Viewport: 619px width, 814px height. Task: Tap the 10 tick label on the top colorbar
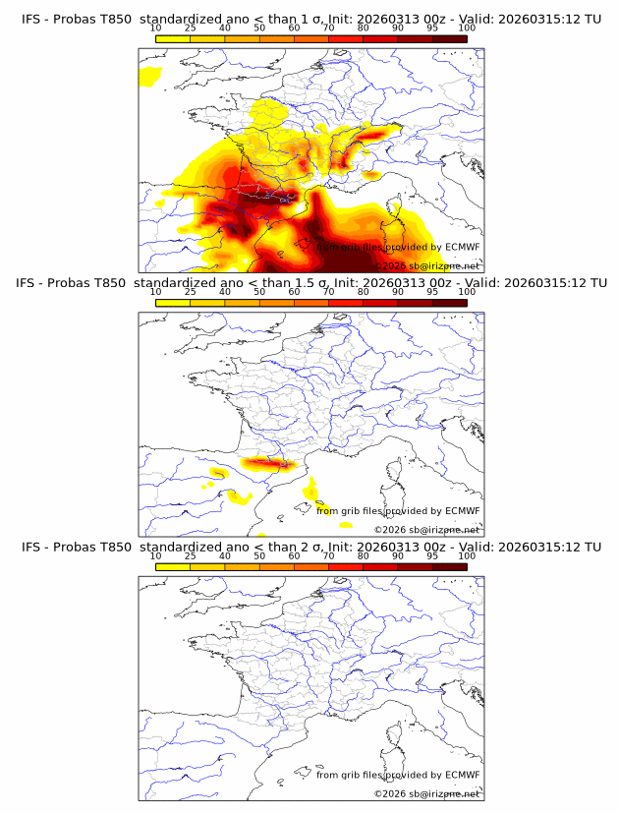pos(156,29)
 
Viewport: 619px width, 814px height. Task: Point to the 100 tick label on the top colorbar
pos(467,29)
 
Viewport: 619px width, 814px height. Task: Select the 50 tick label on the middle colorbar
pos(259,292)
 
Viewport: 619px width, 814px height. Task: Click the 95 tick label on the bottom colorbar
pos(432,556)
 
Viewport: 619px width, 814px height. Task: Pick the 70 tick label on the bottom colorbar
pos(328,556)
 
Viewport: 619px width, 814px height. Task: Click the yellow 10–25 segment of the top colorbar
pos(173,38)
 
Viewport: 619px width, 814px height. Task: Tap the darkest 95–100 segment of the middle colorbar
pos(449,302)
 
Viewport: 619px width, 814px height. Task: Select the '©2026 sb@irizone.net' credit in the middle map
pos(426,530)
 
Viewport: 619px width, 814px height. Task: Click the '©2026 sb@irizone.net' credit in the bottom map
pos(426,793)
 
